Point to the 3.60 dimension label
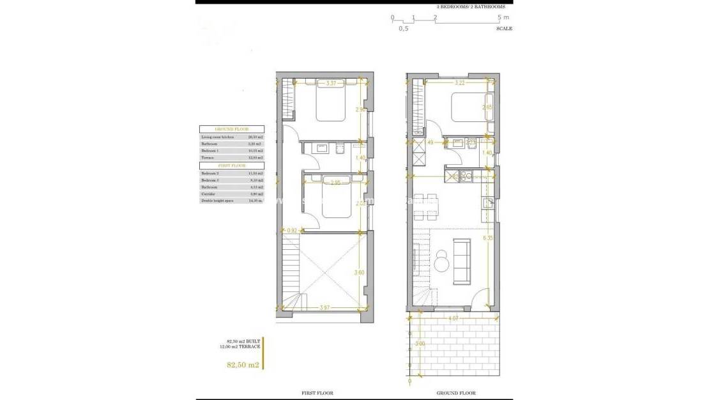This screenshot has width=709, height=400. click(x=360, y=272)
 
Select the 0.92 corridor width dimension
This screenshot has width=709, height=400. click(x=293, y=230)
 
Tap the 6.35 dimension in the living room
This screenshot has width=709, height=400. click(x=488, y=238)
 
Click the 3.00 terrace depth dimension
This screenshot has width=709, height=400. click(x=419, y=344)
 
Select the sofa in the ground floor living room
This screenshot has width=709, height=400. click(x=461, y=261)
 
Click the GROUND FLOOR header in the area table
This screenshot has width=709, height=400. click(x=233, y=129)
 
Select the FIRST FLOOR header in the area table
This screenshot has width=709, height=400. click(x=233, y=165)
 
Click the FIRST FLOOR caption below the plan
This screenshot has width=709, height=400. click(x=317, y=393)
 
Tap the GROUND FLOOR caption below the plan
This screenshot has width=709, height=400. click(x=455, y=393)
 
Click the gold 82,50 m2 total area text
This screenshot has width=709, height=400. click(x=243, y=365)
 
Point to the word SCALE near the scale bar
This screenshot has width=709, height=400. click(x=504, y=29)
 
